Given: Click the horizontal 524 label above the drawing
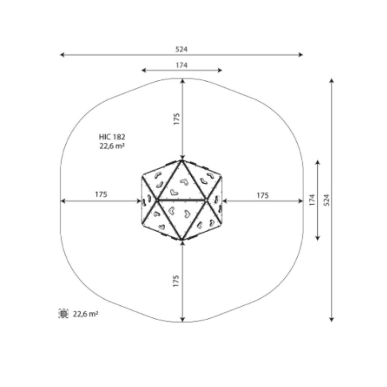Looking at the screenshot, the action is click(x=181, y=49).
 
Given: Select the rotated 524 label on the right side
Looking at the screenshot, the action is click(x=326, y=200).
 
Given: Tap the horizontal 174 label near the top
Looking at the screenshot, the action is click(x=181, y=65).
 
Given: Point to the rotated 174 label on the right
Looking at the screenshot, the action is click(x=312, y=200).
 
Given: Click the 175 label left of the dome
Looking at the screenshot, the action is click(x=101, y=194).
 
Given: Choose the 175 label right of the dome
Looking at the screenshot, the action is click(x=263, y=196).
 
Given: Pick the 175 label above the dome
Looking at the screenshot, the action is click(x=176, y=119).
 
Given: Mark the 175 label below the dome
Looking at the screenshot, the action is click(x=176, y=281).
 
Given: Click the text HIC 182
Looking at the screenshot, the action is click(x=112, y=137).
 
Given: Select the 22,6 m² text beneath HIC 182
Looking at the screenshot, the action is click(x=112, y=146).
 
